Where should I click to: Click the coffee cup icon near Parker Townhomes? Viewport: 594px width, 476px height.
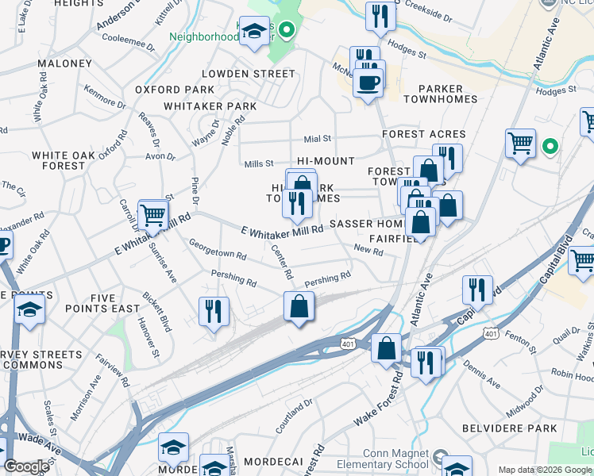pyautogui.click(x=368, y=82)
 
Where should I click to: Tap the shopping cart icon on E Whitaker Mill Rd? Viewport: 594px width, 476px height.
pyautogui.click(x=153, y=214)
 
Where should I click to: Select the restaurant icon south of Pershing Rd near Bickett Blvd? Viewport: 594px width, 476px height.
pyautogui.click(x=213, y=310)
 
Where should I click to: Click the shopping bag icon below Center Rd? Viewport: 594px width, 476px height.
pyautogui.click(x=299, y=306)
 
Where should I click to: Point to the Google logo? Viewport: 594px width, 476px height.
pyautogui.click(x=26, y=466)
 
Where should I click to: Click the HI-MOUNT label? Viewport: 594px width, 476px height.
pyautogui.click(x=326, y=161)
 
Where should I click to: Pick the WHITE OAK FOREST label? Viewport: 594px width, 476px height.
pyautogui.click(x=58, y=160)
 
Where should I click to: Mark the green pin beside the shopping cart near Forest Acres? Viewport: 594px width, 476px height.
pyautogui.click(x=549, y=147)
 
